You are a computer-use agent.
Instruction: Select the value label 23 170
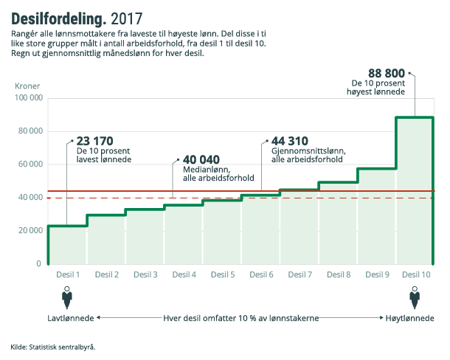94,141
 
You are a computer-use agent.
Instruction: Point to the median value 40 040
201,159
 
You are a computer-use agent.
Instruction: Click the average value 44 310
290,141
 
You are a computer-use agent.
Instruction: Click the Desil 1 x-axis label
68,274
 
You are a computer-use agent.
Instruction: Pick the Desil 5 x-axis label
222,274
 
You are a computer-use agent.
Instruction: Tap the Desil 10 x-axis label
417,274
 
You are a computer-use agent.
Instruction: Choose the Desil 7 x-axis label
300,274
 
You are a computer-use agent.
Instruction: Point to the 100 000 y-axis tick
27,98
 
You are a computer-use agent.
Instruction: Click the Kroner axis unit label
27,86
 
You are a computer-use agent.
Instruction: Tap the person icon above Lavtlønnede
68,298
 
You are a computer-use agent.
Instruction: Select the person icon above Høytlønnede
415,298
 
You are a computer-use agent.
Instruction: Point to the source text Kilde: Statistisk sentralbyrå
53,346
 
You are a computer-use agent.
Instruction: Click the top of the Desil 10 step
415,117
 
